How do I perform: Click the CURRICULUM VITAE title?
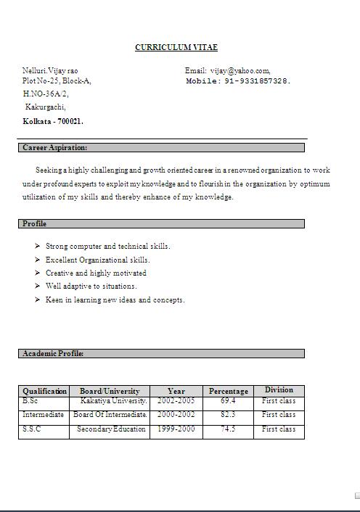176,48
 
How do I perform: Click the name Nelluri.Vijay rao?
50,70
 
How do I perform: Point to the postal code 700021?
70,121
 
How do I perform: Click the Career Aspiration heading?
54,148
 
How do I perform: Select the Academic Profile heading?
53,354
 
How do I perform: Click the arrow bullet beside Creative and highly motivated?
37,273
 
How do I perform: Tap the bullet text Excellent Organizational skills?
97,260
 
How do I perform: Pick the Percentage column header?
228,391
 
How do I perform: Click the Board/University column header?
109,391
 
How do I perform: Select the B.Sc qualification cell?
30,400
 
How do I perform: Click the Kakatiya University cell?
113,400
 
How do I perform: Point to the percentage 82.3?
228,415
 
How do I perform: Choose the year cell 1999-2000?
176,429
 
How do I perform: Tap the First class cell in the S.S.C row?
279,429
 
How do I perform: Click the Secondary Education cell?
112,429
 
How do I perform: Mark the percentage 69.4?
228,400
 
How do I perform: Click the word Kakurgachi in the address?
46,107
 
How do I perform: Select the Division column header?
279,390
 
